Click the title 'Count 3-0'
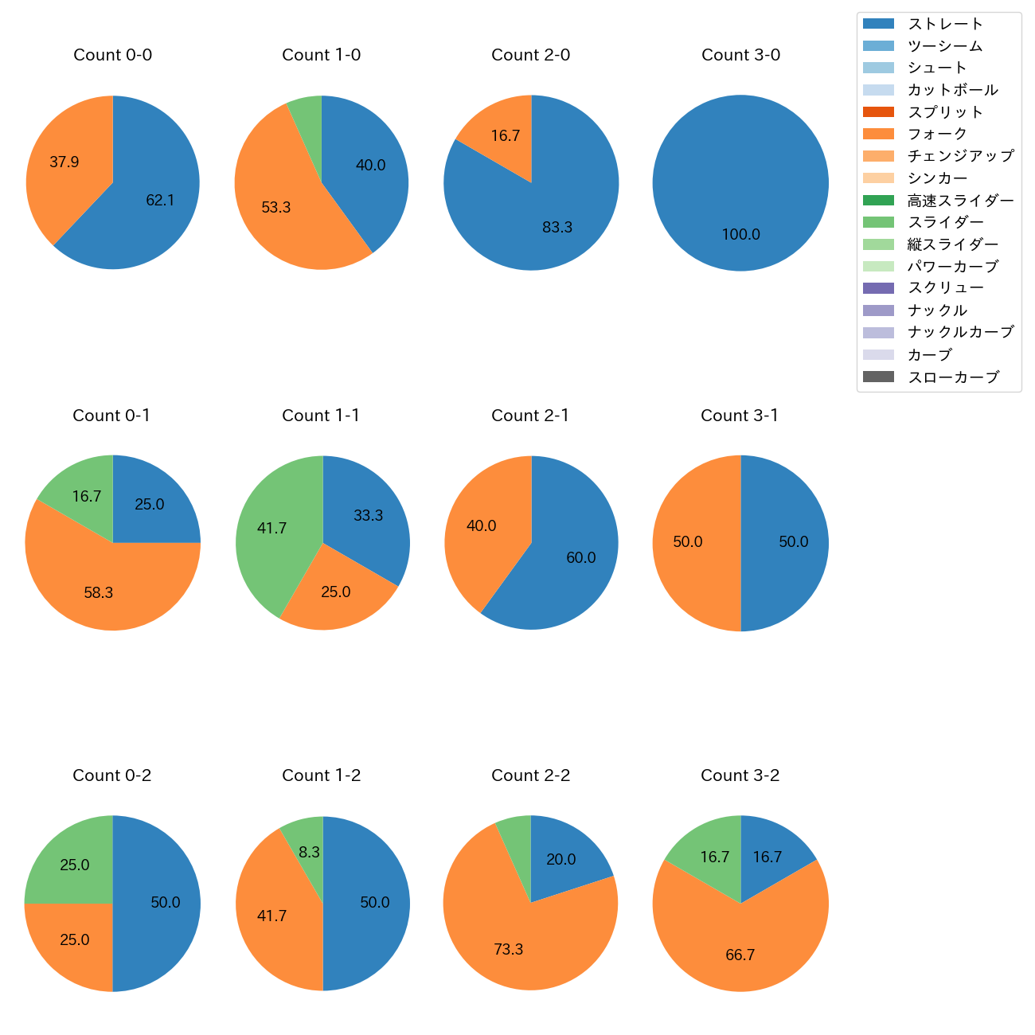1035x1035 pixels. pos(740,55)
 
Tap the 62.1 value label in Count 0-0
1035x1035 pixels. pos(160,201)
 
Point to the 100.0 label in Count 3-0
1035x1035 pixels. pos(740,235)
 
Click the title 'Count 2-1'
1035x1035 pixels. pos(530,416)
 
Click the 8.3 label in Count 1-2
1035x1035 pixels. pos(309,853)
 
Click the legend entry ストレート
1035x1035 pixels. pos(945,24)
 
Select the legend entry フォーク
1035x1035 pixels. pos(937,134)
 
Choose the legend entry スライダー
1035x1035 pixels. pos(945,222)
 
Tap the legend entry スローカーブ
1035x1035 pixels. pos(952,377)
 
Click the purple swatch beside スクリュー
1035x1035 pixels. pos(878,288)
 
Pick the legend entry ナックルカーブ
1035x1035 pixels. pos(960,333)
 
